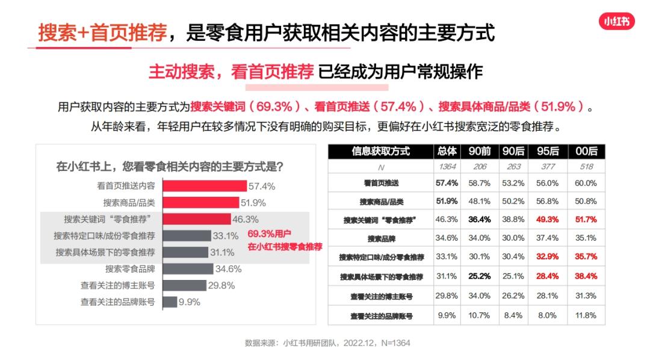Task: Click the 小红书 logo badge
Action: (617, 22)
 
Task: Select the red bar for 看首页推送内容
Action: (205, 186)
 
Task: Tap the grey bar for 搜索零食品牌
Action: (188, 268)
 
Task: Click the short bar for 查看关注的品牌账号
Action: (169, 302)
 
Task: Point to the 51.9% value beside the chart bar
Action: (253, 203)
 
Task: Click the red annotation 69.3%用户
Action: (270, 234)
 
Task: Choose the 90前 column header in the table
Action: (479, 151)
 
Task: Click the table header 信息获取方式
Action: (380, 151)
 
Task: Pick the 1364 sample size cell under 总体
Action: (447, 167)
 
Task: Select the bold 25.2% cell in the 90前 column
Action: (479, 276)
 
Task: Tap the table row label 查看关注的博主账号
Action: (382, 296)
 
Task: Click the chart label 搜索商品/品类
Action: (128, 203)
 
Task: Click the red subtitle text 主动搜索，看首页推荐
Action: (231, 72)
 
